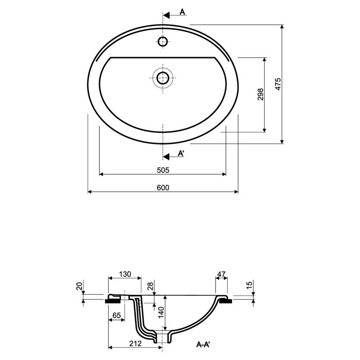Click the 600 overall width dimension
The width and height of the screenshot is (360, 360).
[163, 188]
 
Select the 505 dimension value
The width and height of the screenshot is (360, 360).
[163, 170]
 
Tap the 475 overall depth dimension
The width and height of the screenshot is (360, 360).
[278, 84]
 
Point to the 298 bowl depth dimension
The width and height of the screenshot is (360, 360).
[261, 94]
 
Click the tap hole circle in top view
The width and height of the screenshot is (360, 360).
[163, 41]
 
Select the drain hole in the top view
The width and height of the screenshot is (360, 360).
[163, 78]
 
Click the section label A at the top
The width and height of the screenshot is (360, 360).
[182, 12]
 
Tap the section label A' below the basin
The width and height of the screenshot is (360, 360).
[181, 153]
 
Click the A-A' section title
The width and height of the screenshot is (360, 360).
[203, 344]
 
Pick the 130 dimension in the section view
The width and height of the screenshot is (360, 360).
[125, 274]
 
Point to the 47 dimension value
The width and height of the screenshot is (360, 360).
[221, 274]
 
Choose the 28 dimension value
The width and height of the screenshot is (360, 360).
[150, 286]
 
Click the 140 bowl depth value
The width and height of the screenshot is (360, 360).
[161, 312]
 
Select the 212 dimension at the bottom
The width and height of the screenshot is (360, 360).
[135, 343]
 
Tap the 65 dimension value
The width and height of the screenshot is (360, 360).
[117, 315]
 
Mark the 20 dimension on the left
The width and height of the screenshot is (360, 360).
[79, 286]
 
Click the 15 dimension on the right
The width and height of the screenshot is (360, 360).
[249, 284]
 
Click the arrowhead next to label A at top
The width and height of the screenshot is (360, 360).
[166, 15]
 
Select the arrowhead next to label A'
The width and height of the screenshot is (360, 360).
[166, 157]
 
